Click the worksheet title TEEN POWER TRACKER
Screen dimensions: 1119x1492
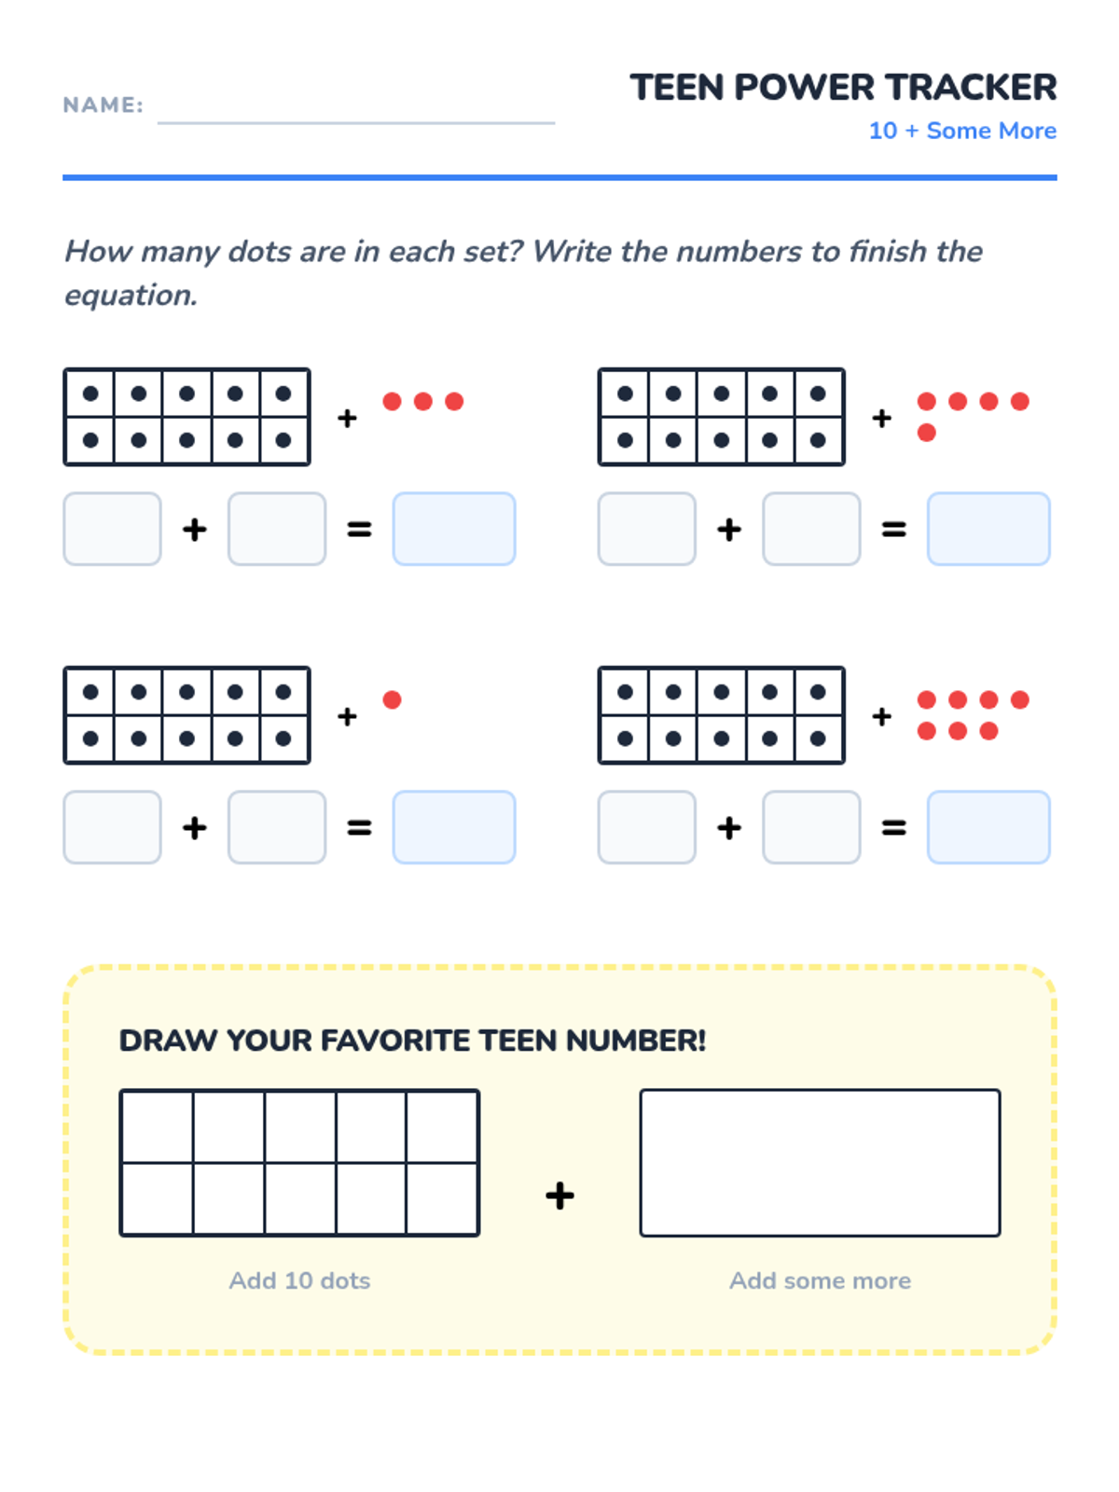point(842,88)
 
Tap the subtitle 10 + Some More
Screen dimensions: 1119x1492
point(962,130)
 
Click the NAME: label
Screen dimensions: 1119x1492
point(104,104)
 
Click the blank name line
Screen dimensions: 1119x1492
point(356,123)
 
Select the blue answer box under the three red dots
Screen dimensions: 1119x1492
point(454,529)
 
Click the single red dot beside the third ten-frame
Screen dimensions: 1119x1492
point(392,699)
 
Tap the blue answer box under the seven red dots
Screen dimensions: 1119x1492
point(988,827)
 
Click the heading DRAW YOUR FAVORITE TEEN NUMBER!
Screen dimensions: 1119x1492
point(412,1041)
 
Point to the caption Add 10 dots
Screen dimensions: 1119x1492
point(299,1280)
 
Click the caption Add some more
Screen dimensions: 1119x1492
point(820,1280)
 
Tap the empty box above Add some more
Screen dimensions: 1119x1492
point(820,1163)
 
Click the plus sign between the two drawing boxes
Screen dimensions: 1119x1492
point(559,1195)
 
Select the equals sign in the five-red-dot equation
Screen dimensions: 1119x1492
point(893,529)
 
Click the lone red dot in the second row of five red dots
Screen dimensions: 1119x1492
point(927,433)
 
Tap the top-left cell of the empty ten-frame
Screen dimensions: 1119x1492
point(158,1127)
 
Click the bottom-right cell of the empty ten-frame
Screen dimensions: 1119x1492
point(442,1198)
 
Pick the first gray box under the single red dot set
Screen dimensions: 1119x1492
point(112,827)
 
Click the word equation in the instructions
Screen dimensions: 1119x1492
point(131,296)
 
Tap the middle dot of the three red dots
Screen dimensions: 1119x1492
point(423,401)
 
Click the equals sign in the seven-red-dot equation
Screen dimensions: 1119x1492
point(893,827)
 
